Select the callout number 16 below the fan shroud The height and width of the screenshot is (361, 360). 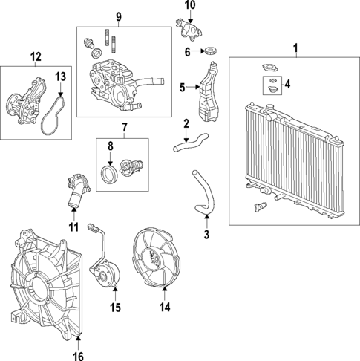(x=79, y=356)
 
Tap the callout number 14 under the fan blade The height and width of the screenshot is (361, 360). (x=165, y=305)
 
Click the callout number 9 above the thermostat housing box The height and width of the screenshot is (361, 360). (x=118, y=17)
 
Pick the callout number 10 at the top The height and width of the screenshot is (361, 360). (x=190, y=6)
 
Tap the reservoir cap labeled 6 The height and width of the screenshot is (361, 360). (x=211, y=52)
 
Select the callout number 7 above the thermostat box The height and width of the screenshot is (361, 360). (x=124, y=128)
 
